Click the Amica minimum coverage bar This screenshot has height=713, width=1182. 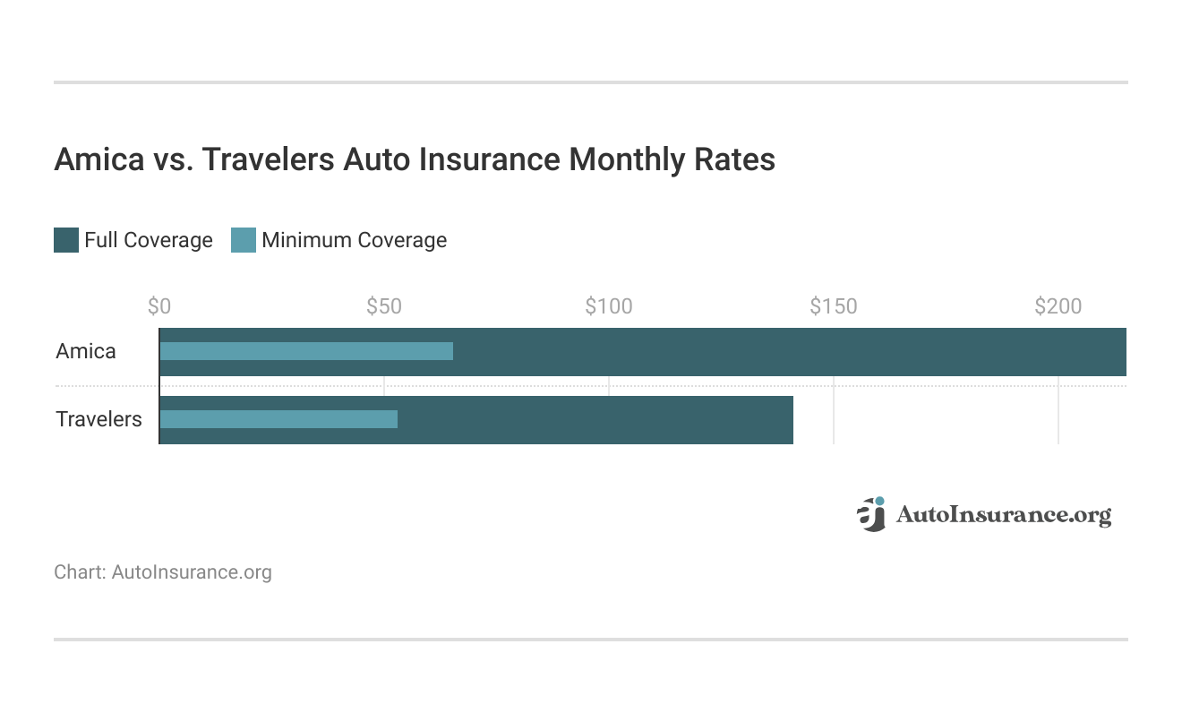(x=306, y=351)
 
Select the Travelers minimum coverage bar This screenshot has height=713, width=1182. (x=278, y=419)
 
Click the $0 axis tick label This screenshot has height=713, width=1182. (x=159, y=306)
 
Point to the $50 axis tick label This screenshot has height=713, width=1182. (x=384, y=306)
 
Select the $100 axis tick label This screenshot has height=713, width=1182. (x=609, y=306)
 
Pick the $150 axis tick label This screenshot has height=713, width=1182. (x=834, y=306)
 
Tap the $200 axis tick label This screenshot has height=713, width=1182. (x=1058, y=306)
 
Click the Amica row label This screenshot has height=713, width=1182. (x=86, y=351)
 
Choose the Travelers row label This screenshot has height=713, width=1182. (x=98, y=419)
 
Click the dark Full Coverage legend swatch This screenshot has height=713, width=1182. (x=66, y=240)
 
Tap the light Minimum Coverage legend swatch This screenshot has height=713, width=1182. (x=244, y=240)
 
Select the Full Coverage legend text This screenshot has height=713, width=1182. (x=149, y=240)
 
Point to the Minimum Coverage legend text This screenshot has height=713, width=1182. (x=354, y=240)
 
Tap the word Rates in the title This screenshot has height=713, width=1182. (x=733, y=159)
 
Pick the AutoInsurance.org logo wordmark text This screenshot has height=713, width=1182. (x=1003, y=515)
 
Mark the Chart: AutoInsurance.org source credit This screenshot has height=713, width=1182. (x=163, y=571)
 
